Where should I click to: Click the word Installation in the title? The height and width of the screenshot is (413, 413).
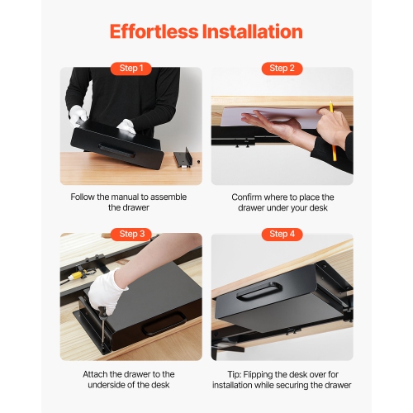(x=254, y=32)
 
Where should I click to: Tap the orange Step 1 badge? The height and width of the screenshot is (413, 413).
(x=131, y=69)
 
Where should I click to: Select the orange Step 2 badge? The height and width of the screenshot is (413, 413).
(x=282, y=69)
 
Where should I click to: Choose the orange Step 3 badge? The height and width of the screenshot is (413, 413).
(x=131, y=234)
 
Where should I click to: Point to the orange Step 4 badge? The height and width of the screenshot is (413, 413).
(x=282, y=234)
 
